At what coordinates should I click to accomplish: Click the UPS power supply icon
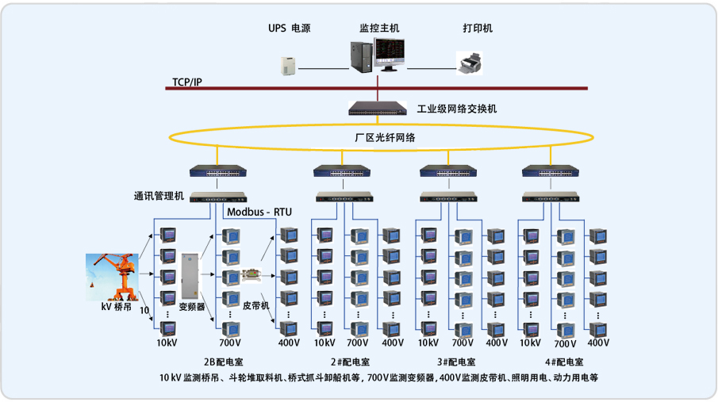click(288, 65)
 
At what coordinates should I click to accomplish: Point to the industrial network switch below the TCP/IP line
click(377, 109)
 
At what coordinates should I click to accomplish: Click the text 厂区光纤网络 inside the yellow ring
click(384, 137)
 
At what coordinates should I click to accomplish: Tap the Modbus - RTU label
click(259, 212)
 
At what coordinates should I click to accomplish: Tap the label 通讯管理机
click(159, 196)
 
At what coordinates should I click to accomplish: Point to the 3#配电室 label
click(456, 362)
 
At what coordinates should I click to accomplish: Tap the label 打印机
click(478, 28)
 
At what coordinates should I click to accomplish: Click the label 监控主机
click(379, 28)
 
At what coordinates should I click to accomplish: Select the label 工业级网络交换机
click(457, 109)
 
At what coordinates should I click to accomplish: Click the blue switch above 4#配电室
click(549, 170)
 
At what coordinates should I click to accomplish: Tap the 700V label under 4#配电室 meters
click(565, 344)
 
